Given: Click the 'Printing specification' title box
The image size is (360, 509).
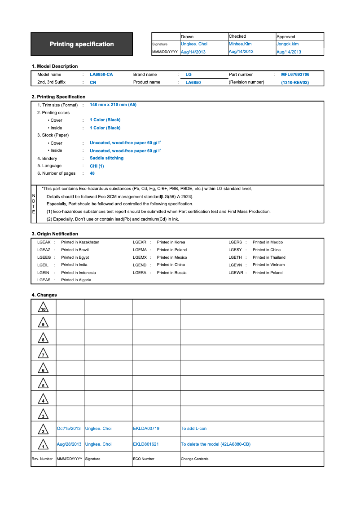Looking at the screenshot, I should click(x=82, y=44).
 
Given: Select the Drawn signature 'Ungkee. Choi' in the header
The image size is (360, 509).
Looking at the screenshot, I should click(x=194, y=44).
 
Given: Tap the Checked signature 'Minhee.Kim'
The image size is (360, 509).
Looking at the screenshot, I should click(x=240, y=44).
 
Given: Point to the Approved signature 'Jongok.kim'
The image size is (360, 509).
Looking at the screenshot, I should click(x=287, y=44).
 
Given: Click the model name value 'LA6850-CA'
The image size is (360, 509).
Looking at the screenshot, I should click(x=101, y=75).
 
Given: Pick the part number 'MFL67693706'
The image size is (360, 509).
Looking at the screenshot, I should click(x=295, y=75).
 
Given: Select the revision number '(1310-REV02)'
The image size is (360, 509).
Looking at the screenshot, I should click(x=295, y=83).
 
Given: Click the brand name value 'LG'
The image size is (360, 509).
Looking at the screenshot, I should click(x=189, y=75).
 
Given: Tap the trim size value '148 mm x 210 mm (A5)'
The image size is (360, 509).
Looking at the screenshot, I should click(x=113, y=105).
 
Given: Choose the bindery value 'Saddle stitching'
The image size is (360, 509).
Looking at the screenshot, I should click(x=106, y=158).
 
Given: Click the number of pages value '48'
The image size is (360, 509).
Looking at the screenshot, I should click(x=92, y=173).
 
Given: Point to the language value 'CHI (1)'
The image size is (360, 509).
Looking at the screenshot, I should click(x=97, y=166).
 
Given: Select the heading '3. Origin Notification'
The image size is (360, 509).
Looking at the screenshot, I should click(x=55, y=234).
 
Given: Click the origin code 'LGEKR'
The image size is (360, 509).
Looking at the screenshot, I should click(x=140, y=242).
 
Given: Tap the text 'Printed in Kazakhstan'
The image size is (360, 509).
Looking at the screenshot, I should click(x=80, y=242).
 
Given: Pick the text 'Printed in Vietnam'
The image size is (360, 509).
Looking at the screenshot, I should click(x=268, y=265).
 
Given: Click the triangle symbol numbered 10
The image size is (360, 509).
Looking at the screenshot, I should click(x=43, y=308).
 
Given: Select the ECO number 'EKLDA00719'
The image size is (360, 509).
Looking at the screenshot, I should click(x=146, y=429).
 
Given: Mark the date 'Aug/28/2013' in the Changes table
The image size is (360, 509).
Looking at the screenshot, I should click(x=69, y=444).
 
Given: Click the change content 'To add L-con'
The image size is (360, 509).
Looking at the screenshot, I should click(x=193, y=429).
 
